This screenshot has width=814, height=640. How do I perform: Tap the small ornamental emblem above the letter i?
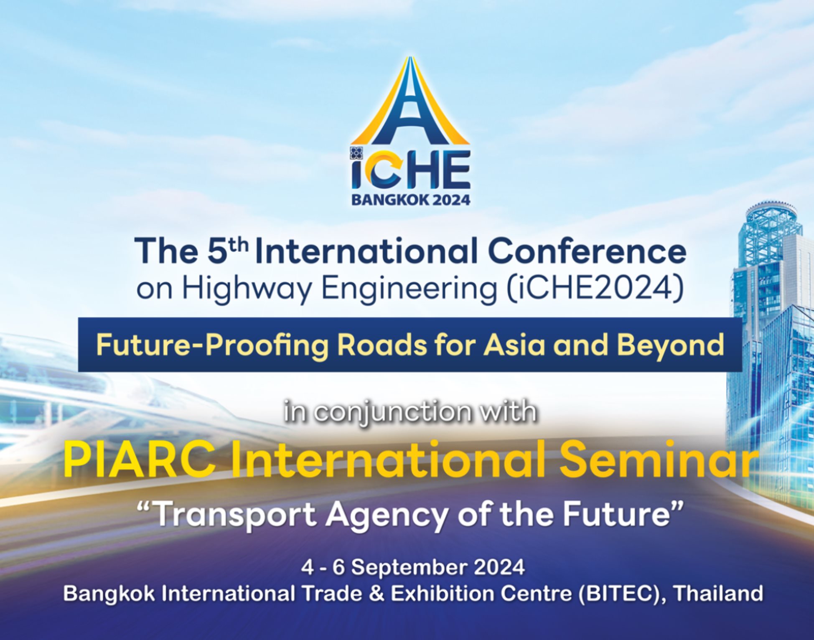(x=356, y=153)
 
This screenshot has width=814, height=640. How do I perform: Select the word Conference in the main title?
(x=587, y=252)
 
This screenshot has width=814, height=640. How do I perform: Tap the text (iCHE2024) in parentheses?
(x=595, y=288)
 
